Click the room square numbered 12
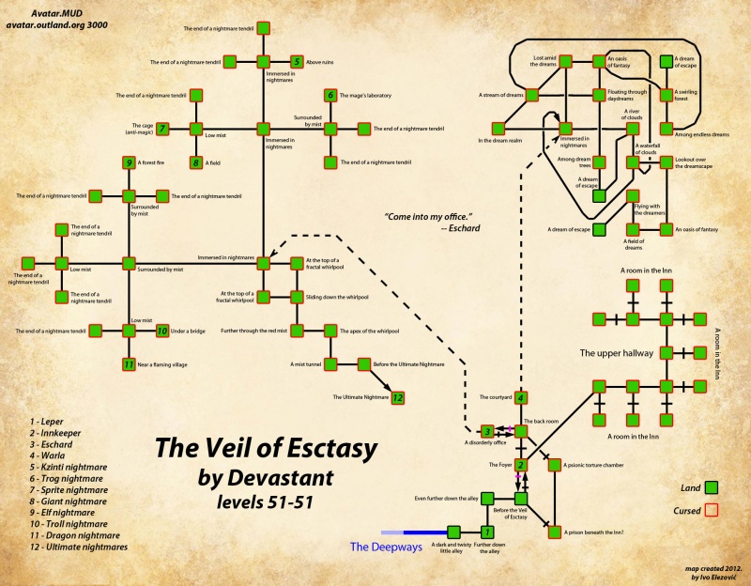pos(397,397)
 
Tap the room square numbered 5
pos(297,62)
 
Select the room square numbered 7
pos(162,128)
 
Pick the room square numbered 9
pos(129,162)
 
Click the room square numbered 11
pos(129,364)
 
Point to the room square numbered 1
pos(487,532)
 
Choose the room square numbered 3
pos(487,431)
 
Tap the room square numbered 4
pos(521,397)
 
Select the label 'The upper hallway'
pos(616,354)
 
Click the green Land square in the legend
pos(712,486)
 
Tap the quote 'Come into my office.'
pos(428,217)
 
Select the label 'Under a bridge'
pos(190,331)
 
